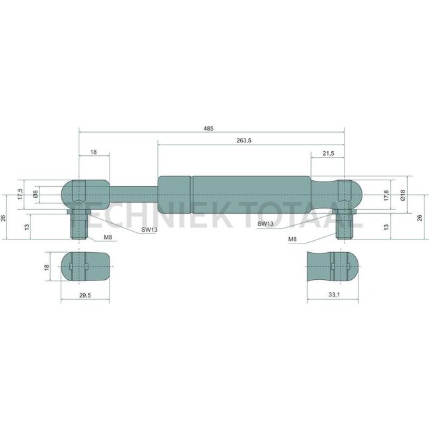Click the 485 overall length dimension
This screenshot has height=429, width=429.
coord(209,128)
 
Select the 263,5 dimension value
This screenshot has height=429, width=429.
coord(244,141)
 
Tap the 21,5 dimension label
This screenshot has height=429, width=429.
coord(328,154)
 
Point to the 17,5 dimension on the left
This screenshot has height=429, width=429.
coord(20,194)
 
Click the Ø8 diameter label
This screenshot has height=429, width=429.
coord(35,194)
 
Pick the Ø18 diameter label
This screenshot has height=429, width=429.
coord(403,195)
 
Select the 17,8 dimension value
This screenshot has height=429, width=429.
coord(386,195)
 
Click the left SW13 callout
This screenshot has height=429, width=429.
coord(149,230)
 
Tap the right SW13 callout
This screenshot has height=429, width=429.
coord(265,224)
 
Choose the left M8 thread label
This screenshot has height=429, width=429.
coord(108,238)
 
